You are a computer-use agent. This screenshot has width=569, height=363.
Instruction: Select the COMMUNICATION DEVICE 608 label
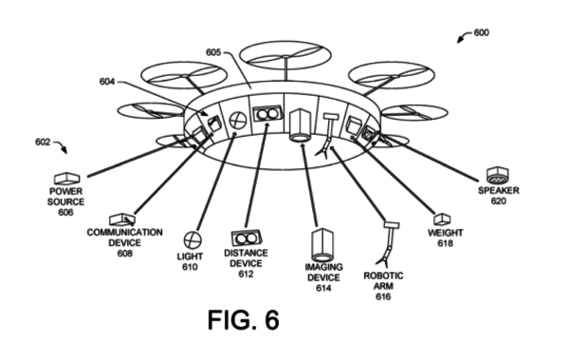(124, 242)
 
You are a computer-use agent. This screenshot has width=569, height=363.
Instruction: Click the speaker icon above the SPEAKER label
(496, 174)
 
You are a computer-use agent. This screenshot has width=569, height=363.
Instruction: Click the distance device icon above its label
(247, 237)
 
